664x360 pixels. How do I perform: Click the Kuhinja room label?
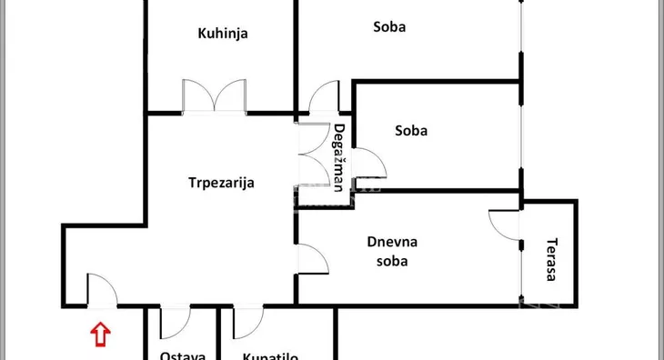pos(223,34)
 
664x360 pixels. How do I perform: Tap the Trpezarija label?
pos(221,182)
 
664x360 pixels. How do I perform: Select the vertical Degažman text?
pos(338,157)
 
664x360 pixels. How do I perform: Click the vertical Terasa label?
pos(551,259)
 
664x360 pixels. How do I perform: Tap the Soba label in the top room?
pos(389,26)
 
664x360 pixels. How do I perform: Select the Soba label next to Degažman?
pos(411,130)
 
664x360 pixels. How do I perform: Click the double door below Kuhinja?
pos(214,96)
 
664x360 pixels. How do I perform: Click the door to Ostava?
pos(174,322)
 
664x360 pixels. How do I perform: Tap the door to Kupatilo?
pos(247,322)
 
